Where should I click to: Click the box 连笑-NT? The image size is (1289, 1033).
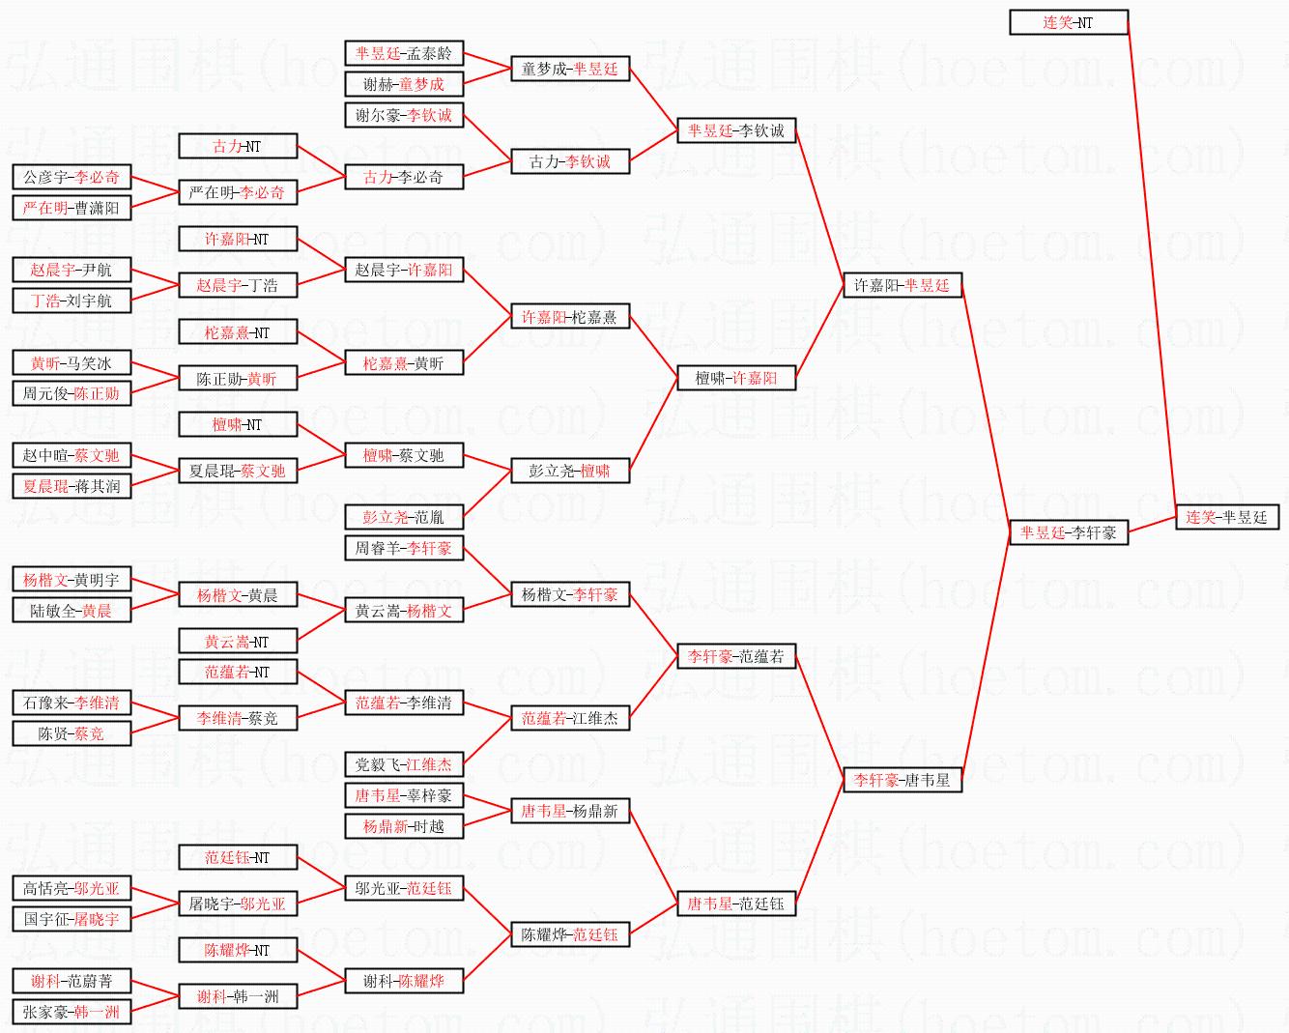1068,22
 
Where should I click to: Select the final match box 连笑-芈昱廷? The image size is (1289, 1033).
1226,517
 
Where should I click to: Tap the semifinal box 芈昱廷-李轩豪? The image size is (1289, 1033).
1068,532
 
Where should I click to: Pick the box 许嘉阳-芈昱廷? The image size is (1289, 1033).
902,285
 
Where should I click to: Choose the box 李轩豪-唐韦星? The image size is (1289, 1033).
902,780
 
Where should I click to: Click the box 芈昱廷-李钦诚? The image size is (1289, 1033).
735,130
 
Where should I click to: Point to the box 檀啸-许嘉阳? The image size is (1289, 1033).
735,378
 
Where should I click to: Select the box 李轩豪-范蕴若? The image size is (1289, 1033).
735,656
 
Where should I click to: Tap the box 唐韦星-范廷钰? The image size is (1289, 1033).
735,904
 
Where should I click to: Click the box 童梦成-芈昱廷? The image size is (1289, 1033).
569,69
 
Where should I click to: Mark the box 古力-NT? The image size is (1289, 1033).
237,146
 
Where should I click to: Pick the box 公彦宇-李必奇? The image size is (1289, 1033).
72,177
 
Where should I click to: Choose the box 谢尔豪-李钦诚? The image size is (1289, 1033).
403,115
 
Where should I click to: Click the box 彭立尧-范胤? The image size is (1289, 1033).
403,517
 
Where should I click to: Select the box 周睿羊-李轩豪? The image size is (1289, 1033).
403,548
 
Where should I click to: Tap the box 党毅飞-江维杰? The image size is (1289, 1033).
403,764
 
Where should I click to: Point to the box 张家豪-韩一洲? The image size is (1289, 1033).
72,1012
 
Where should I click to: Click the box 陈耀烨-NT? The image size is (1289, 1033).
237,950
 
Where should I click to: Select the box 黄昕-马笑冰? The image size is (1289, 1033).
72,363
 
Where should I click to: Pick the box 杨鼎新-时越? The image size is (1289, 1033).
403,826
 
